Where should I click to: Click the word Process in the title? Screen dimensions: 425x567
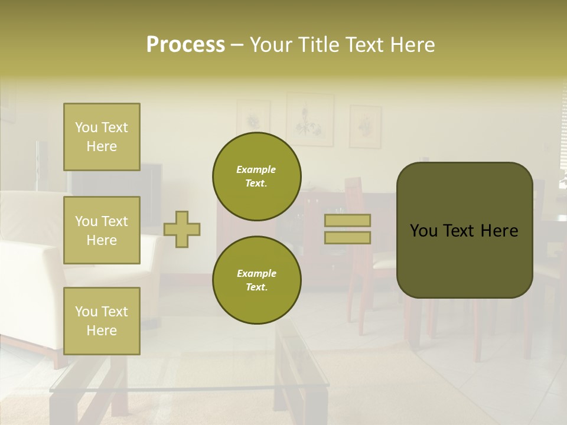coord(185,45)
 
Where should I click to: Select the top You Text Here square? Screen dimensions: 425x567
coord(102,137)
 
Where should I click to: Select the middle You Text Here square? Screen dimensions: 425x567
coord(102,230)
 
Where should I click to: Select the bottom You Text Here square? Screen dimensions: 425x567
coord(102,321)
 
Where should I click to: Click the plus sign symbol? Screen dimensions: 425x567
coord(181,229)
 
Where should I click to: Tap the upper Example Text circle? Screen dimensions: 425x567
coord(256,176)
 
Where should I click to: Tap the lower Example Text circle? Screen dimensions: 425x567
coord(256,280)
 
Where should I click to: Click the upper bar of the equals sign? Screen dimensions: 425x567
coord(347,221)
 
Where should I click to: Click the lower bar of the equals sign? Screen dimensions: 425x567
coord(347,237)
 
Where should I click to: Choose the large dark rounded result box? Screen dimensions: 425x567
coord(464,230)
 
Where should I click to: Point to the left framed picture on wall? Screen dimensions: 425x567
coord(253,118)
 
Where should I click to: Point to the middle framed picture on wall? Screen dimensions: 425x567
coord(309,119)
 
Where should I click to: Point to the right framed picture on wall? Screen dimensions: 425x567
coord(365,126)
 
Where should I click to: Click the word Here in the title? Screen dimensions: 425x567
coord(414,45)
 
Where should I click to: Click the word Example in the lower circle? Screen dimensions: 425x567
coord(256,273)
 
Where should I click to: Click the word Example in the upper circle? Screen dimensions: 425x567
coord(256,169)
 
